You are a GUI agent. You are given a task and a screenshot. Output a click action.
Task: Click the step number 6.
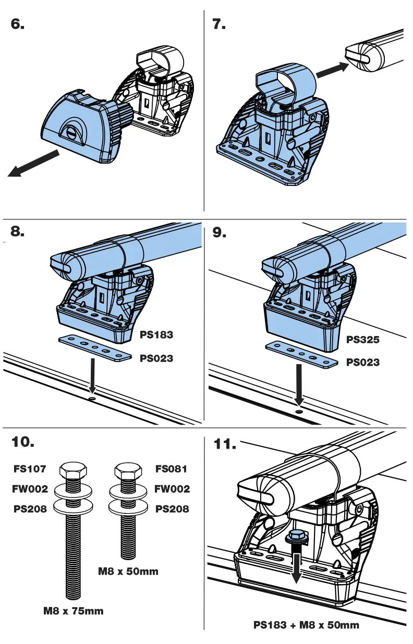coord(18,24)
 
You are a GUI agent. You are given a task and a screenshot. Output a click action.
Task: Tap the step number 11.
coord(225,444)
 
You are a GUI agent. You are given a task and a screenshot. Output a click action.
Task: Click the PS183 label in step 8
coord(156,335)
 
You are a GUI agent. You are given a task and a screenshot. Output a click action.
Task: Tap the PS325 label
coord(363,340)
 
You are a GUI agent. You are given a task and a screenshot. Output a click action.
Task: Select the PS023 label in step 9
coord(363,362)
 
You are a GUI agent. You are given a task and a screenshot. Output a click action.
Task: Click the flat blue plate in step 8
coord(94,349)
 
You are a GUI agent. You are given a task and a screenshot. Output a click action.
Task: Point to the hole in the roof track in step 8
coord(92,399)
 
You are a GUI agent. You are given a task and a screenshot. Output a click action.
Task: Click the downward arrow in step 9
coord(298,386)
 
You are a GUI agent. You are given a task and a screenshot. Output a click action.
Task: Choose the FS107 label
coord(30,469)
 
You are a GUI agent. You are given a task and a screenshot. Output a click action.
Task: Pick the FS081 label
coord(171,469)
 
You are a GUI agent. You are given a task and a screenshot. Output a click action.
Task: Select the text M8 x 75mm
coord(73,611)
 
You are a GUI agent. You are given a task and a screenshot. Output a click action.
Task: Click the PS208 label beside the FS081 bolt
coord(172,509)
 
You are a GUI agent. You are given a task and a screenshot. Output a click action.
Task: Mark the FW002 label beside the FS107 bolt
coord(30,489)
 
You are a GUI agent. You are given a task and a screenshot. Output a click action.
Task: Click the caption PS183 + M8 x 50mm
coord(306,625)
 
